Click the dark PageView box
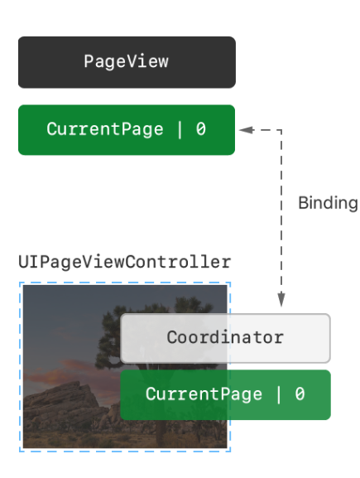[x=127, y=62]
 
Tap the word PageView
[x=126, y=61]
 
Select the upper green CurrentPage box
[x=127, y=130]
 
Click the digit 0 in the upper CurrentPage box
[x=201, y=129]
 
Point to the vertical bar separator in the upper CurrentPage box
[x=180, y=129]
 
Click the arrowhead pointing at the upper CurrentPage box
[x=247, y=130]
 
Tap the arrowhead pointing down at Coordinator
[x=281, y=299]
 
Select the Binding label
[x=328, y=203]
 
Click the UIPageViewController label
[x=125, y=262]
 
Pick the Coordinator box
[x=225, y=338]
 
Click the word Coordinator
[x=225, y=337]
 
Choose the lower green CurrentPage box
[x=225, y=395]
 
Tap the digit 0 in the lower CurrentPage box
[x=300, y=394]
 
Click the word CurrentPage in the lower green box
[x=204, y=394]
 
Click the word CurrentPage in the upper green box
[x=105, y=129]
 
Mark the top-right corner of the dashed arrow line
[x=281, y=130]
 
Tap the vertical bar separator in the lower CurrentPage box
[x=279, y=394]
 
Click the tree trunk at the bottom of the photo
[x=161, y=433]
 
